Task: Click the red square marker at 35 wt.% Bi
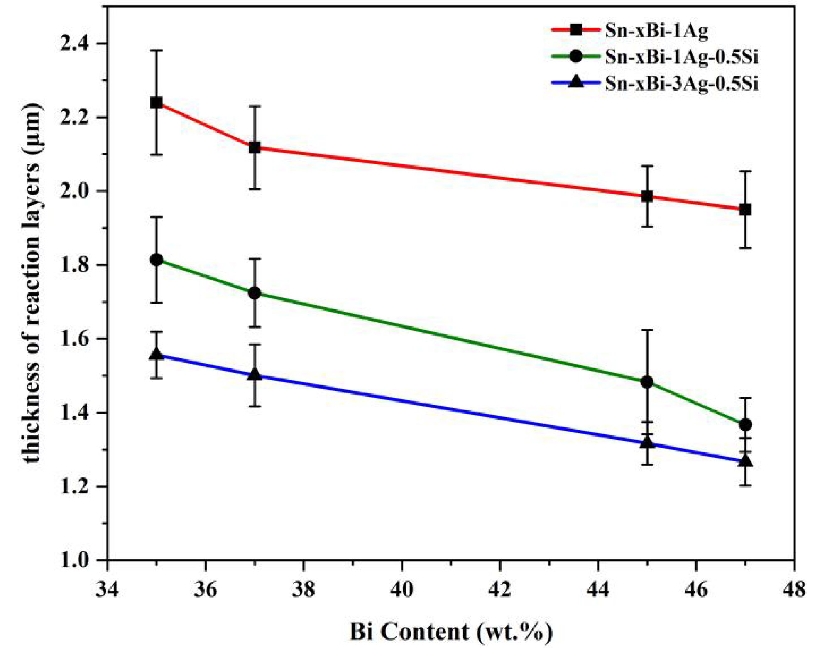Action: click(x=156, y=102)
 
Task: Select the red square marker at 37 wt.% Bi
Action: click(x=255, y=147)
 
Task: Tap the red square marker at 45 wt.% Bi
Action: click(x=647, y=196)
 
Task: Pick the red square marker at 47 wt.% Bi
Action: click(x=745, y=209)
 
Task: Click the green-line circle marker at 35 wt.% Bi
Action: click(x=156, y=260)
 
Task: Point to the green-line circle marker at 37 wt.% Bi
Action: click(x=255, y=293)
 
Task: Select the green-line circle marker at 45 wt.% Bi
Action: click(x=647, y=382)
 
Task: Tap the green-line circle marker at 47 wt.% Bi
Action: click(x=745, y=425)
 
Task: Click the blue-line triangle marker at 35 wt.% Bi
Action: click(x=156, y=354)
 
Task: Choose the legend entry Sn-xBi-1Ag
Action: click(x=656, y=31)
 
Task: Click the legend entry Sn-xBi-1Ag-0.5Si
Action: click(x=681, y=57)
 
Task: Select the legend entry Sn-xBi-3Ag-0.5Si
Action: click(x=681, y=83)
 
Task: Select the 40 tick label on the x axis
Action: click(x=401, y=589)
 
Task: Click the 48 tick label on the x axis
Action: click(x=793, y=589)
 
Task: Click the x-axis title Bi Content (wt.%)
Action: click(x=450, y=632)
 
